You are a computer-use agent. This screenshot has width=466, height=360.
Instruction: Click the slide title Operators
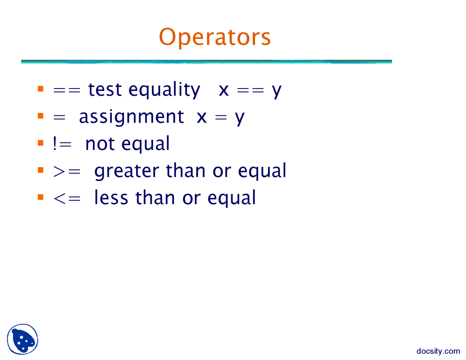click(215, 37)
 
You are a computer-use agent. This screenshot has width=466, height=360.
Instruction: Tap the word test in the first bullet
click(105, 90)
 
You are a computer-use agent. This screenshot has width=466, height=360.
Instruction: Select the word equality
click(164, 90)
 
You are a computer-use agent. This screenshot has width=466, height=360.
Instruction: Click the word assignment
click(131, 117)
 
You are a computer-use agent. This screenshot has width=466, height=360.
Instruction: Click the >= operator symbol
click(66, 171)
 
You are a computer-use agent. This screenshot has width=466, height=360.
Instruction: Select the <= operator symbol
click(66, 198)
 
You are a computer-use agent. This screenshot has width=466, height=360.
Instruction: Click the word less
click(111, 198)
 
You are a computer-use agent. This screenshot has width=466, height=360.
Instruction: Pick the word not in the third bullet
click(100, 144)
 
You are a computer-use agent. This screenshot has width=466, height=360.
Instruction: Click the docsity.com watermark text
click(438, 351)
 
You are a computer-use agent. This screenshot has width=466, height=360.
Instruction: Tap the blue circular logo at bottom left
click(23, 339)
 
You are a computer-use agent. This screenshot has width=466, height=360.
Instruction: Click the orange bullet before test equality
click(40, 89)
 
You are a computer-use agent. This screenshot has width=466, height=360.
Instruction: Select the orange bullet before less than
click(40, 197)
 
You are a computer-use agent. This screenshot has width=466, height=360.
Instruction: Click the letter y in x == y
click(277, 91)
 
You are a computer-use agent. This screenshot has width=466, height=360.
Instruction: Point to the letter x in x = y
click(202, 118)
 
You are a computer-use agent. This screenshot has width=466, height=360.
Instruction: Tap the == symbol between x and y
click(250, 90)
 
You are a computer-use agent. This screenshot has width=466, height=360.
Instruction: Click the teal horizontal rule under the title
click(206, 62)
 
